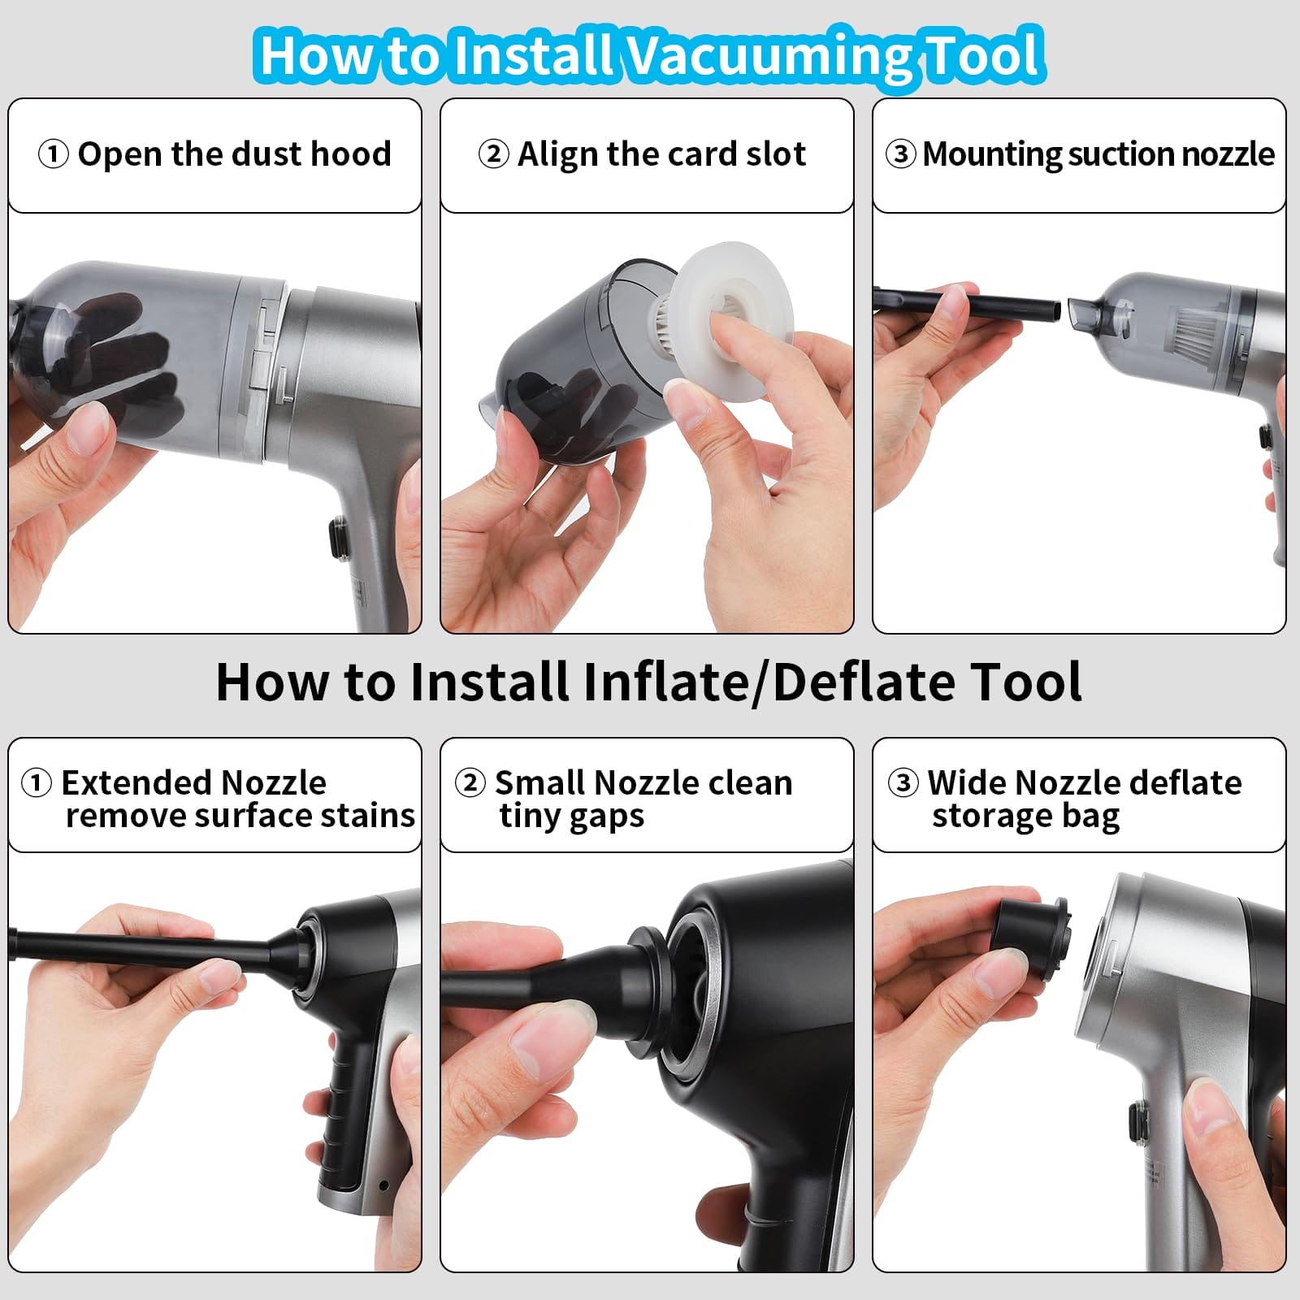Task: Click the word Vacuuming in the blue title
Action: point(765,55)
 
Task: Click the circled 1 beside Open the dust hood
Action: point(53,154)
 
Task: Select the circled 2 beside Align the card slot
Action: point(493,154)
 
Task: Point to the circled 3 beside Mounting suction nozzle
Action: point(900,154)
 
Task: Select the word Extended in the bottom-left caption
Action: point(126,782)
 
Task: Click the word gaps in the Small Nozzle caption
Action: point(607,817)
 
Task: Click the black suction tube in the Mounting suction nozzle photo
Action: point(967,305)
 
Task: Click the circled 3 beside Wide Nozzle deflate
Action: point(903,782)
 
